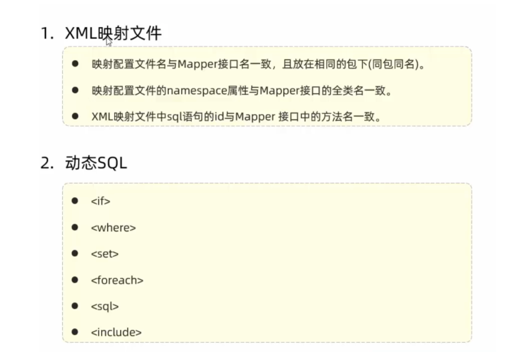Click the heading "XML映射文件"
click(113, 34)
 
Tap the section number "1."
click(47, 34)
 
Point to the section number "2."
click(47, 163)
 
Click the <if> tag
click(101, 201)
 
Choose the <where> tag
click(114, 228)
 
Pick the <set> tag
click(104, 254)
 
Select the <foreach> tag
click(117, 280)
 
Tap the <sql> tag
click(104, 306)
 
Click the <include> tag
click(116, 333)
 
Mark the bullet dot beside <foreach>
click(75, 280)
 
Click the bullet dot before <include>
click(75, 332)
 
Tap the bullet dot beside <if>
click(75, 201)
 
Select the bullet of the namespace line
click(75, 90)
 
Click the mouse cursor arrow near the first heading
click(109, 41)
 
